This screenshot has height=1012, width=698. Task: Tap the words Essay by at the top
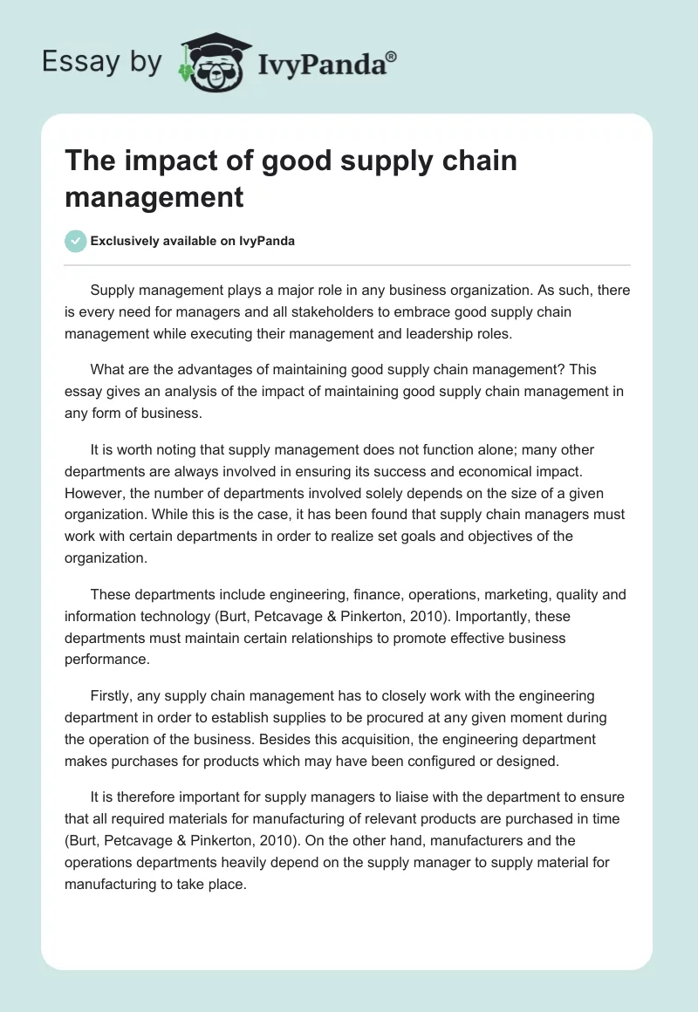(x=103, y=63)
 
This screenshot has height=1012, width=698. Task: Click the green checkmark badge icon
(x=76, y=241)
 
